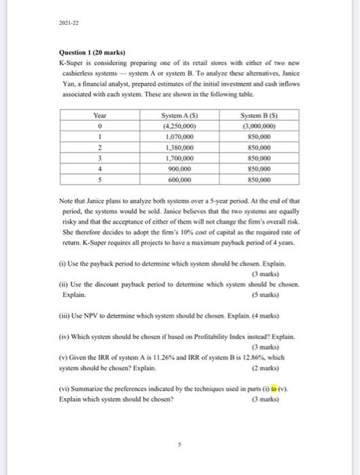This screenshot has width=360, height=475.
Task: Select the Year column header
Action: (100, 116)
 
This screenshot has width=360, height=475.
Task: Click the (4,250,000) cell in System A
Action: (177, 126)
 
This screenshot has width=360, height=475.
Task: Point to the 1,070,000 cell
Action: (177, 135)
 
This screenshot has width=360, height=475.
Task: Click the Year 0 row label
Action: (100, 126)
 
